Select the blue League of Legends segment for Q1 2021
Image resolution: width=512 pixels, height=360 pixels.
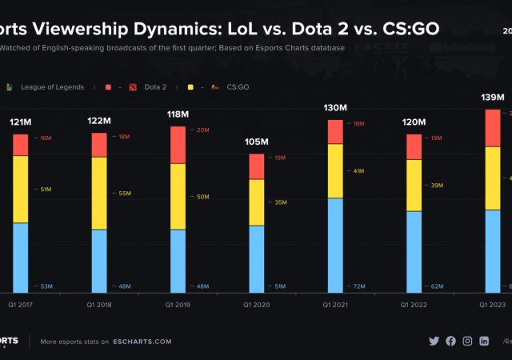pos(335,245)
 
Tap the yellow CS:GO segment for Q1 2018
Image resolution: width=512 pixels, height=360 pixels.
pos(98,193)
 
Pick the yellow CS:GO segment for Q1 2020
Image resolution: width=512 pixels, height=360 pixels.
pos(256,202)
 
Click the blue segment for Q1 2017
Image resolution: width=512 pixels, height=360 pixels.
pos(20,257)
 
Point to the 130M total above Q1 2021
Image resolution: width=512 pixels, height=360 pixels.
pos(335,107)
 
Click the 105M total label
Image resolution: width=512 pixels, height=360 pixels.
pos(256,142)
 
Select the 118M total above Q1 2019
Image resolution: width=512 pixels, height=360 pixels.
pos(178,114)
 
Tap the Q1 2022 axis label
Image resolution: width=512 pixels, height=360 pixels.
pos(414,305)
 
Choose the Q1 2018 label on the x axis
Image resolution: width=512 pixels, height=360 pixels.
pos(98,305)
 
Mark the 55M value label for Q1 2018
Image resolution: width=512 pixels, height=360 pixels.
pos(124,194)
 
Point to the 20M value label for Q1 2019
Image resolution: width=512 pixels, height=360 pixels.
pos(202,130)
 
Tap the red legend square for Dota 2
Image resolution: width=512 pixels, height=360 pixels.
pos(107,86)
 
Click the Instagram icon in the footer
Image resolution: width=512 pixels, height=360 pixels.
pos(467,341)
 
